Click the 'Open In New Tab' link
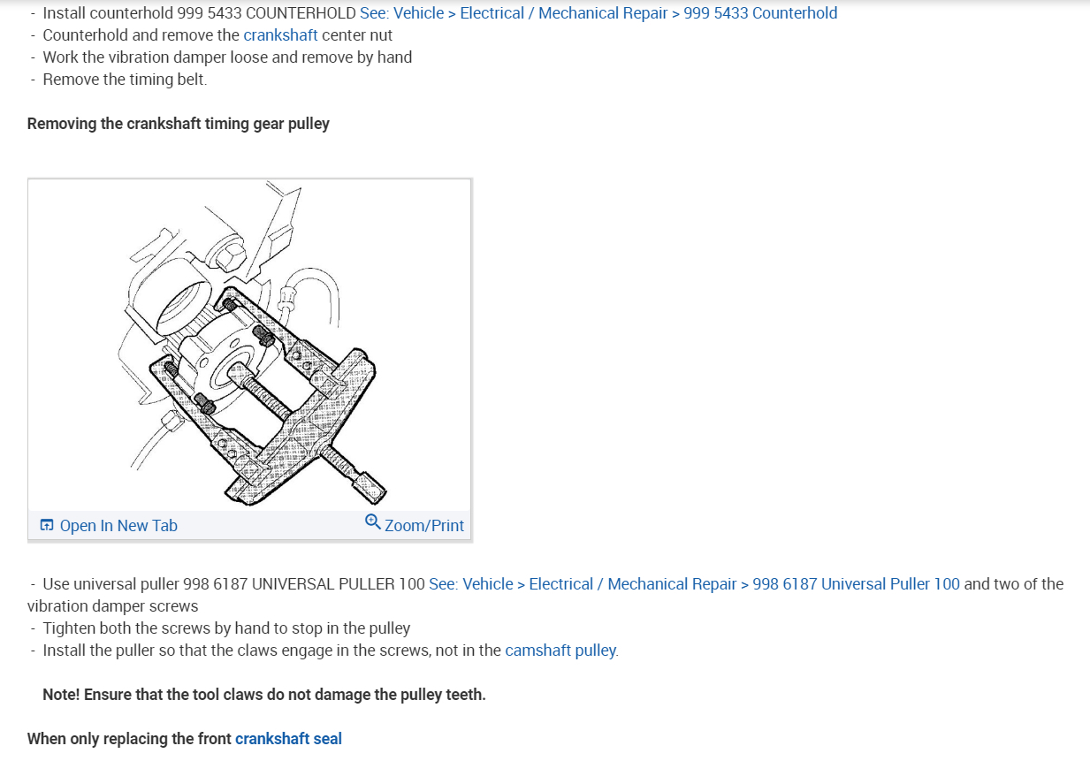pos(118,526)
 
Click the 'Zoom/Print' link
pos(423,526)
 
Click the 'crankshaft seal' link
pos(288,739)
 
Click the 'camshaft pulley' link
pos(560,651)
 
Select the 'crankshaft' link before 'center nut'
pos(280,35)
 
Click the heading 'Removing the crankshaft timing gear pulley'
pos(178,124)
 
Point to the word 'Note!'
pos(63,695)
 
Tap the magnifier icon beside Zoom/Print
pos(372,522)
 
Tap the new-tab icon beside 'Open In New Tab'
pos(47,526)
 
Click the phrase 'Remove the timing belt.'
pos(125,80)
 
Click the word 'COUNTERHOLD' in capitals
pos(301,13)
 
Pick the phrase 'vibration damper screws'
pos(112,606)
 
